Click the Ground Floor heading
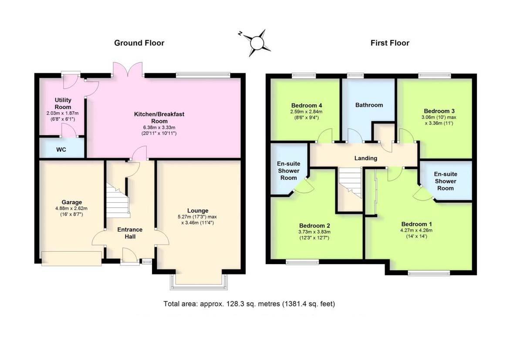pyautogui.click(x=139, y=43)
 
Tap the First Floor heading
pyautogui.click(x=390, y=43)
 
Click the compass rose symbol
pyautogui.click(x=256, y=43)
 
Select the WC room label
pyautogui.click(x=61, y=149)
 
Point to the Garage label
pyautogui.click(x=72, y=202)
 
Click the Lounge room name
pyautogui.click(x=198, y=211)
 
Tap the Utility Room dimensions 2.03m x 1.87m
pyautogui.click(x=63, y=113)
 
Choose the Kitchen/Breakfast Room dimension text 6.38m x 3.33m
pyautogui.click(x=159, y=127)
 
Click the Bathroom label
pyautogui.click(x=369, y=105)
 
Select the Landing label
pyautogui.click(x=366, y=158)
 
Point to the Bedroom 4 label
pyautogui.click(x=307, y=105)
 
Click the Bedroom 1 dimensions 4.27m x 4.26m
pyautogui.click(x=416, y=230)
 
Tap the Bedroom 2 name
pyautogui.click(x=314, y=225)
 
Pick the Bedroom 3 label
pyautogui.click(x=439, y=111)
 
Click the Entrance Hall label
pyautogui.click(x=130, y=233)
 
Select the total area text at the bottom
pyautogui.click(x=249, y=304)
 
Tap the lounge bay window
pyautogui.click(x=199, y=282)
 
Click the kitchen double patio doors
pyautogui.click(x=128, y=69)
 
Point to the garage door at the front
pyautogui.click(x=72, y=258)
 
